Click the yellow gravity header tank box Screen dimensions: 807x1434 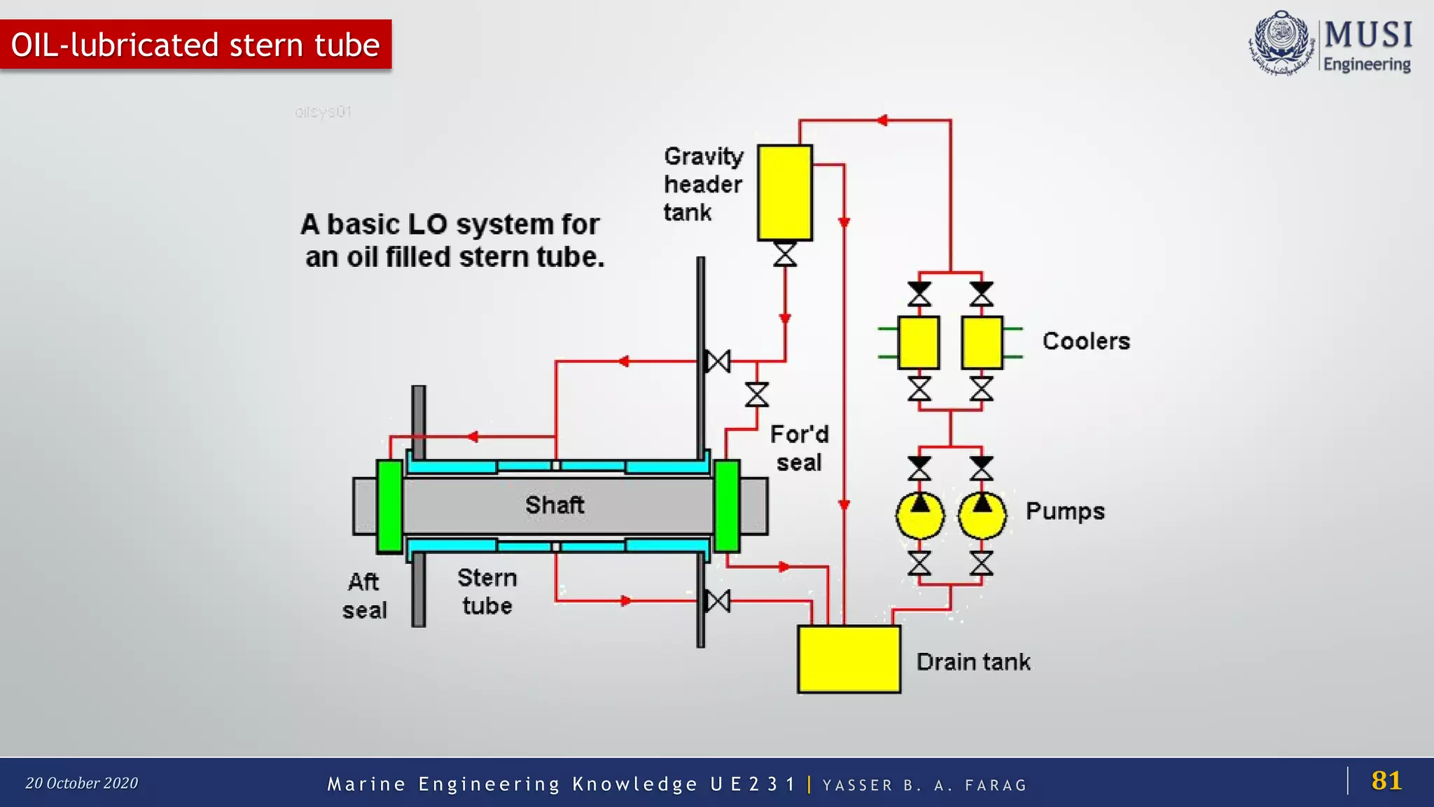pyautogui.click(x=785, y=193)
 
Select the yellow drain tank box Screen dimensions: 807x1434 pyautogui.click(x=849, y=659)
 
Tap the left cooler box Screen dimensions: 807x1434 pyautogui.click(x=919, y=343)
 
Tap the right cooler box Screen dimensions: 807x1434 pyautogui.click(x=982, y=343)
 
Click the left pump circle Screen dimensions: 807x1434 pyautogui.click(x=919, y=516)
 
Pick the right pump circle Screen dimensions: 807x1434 pyautogui.click(x=982, y=516)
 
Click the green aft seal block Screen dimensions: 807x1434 pyautogui.click(x=389, y=506)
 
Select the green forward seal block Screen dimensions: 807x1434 pyautogui.click(x=727, y=506)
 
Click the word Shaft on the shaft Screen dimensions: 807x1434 pyautogui.click(x=555, y=505)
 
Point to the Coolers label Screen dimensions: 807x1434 pyautogui.click(x=1086, y=341)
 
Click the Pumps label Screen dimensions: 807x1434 pyautogui.click(x=1065, y=511)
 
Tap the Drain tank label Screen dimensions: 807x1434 pyautogui.click(x=973, y=662)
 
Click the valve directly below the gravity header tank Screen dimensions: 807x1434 pyautogui.click(x=785, y=254)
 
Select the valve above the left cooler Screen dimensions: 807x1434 pyautogui.click(x=919, y=294)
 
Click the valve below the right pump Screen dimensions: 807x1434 pyautogui.click(x=982, y=563)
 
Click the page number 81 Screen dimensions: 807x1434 pyautogui.click(x=1386, y=780)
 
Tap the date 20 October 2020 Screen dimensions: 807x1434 pyautogui.click(x=82, y=783)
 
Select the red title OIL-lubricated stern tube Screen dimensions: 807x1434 pyautogui.click(x=195, y=45)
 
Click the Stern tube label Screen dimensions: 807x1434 pyautogui.click(x=487, y=592)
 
